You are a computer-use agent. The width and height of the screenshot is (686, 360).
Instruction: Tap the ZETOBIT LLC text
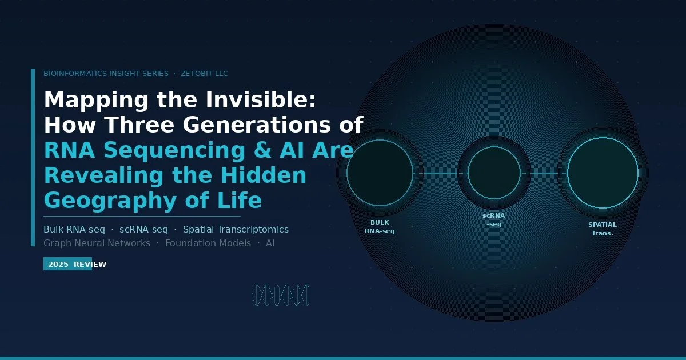pyautogui.click(x=204, y=74)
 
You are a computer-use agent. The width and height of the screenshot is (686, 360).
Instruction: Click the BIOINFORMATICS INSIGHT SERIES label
pyautogui.click(x=106, y=74)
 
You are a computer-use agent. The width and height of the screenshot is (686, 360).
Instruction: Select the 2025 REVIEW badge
pyautogui.click(x=68, y=264)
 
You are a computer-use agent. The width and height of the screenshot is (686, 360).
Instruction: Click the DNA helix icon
pyautogui.click(x=280, y=295)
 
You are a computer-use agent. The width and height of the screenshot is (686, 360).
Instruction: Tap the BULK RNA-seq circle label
pyautogui.click(x=380, y=227)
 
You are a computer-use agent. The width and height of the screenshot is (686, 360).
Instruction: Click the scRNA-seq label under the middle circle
pyautogui.click(x=494, y=220)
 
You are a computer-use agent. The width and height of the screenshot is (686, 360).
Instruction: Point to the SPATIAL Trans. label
pyautogui.click(x=603, y=229)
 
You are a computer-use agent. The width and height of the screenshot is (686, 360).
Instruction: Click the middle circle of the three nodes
pyautogui.click(x=494, y=173)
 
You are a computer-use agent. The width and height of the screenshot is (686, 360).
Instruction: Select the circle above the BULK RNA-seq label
pyautogui.click(x=380, y=173)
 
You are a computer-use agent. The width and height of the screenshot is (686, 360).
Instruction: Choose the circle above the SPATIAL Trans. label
pyautogui.click(x=603, y=173)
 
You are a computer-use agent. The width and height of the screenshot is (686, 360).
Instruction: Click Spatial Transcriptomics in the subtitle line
pyautogui.click(x=236, y=230)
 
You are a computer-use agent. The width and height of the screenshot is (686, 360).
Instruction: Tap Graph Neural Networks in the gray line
pyautogui.click(x=97, y=243)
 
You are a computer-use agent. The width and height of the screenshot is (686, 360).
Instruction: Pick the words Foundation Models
pyautogui.click(x=208, y=243)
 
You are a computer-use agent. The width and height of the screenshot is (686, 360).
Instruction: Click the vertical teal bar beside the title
pyautogui.click(x=33, y=157)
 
